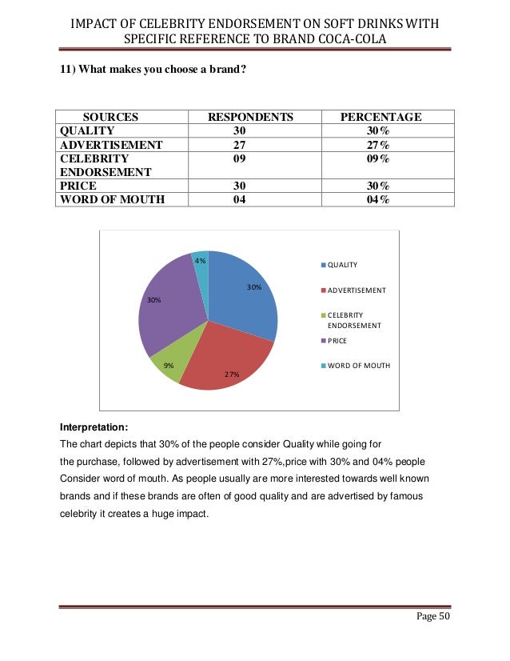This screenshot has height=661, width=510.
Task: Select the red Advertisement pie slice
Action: click(224, 356)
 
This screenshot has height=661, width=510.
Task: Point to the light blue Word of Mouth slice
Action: click(201, 262)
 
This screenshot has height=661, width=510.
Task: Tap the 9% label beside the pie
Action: click(169, 365)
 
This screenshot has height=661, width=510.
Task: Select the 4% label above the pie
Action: click(200, 261)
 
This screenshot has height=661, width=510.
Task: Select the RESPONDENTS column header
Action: click(250, 117)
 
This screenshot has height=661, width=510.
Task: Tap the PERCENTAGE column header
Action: click(381, 117)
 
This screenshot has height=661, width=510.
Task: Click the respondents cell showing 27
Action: click(239, 145)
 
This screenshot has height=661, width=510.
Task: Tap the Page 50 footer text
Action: click(432, 623)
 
